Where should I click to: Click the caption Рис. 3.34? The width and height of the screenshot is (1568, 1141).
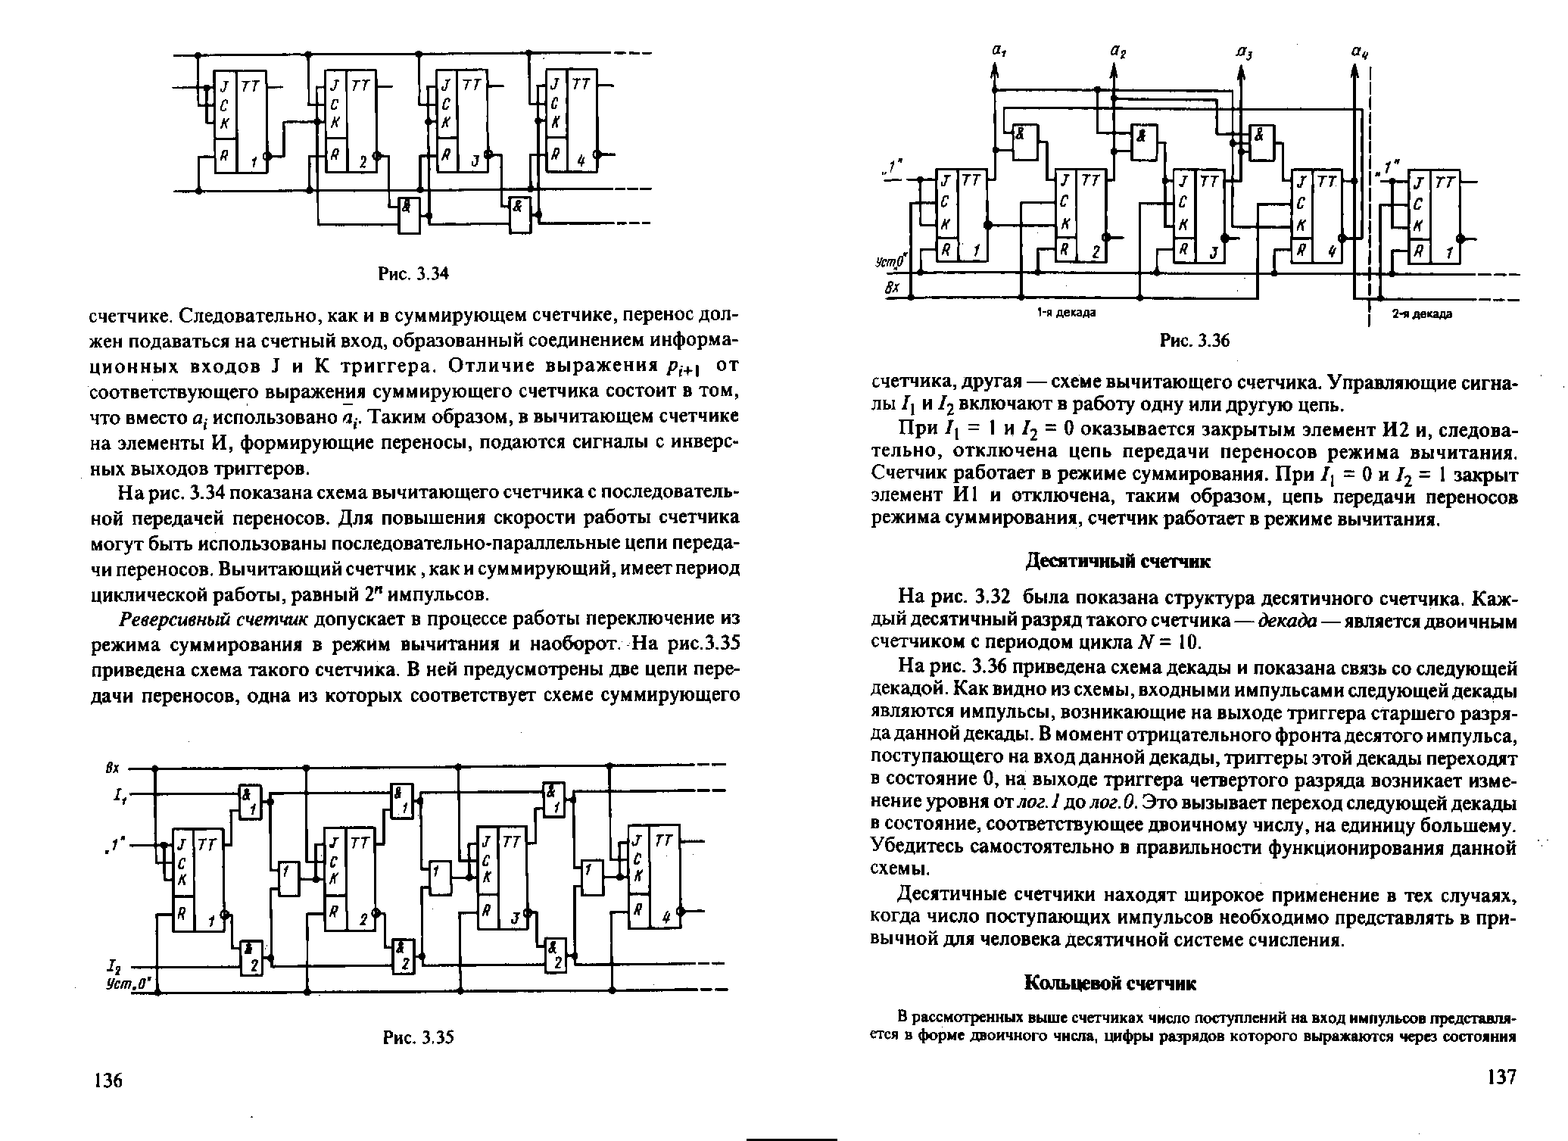[414, 273]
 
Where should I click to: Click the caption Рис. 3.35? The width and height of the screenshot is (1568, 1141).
[417, 1037]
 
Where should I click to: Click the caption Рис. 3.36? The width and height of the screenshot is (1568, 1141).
[1195, 342]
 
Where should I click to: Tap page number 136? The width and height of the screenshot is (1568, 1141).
[106, 1080]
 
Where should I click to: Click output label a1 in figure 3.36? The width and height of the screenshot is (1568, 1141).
[996, 51]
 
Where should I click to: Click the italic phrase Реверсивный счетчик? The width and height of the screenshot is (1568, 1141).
[214, 619]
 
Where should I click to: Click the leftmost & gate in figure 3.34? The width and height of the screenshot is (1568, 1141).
[409, 216]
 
